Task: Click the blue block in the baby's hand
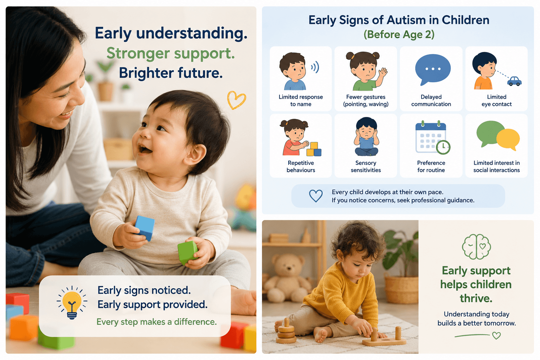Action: (144, 227)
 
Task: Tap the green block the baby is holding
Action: (187, 252)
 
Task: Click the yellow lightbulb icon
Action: (72, 302)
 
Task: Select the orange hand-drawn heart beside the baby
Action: (236, 99)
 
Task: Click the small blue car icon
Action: (514, 81)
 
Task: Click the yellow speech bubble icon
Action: (508, 140)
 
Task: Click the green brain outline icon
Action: (476, 247)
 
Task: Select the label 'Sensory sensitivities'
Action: (366, 166)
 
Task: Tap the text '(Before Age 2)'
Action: (399, 34)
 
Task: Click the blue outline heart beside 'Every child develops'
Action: (316, 195)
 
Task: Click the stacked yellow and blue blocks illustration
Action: (314, 149)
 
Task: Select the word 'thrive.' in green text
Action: (476, 298)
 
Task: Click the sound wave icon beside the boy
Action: (315, 67)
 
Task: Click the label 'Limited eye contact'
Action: (496, 101)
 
